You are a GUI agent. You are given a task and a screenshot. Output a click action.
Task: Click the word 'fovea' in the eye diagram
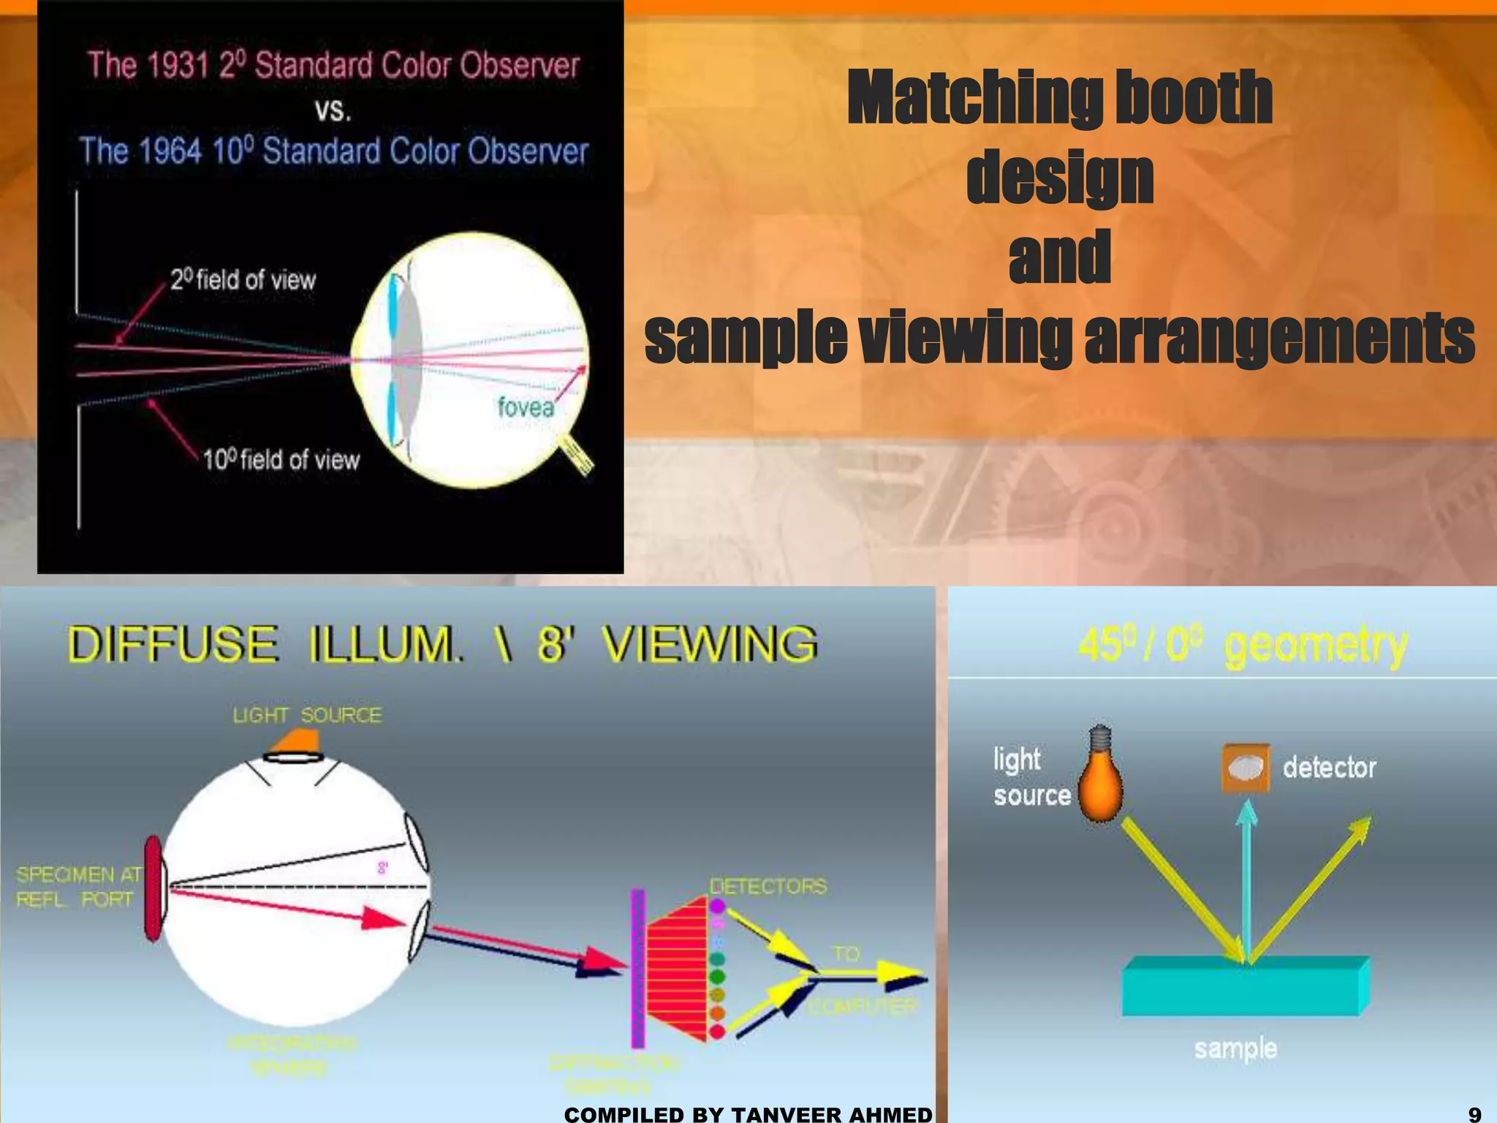[526, 407]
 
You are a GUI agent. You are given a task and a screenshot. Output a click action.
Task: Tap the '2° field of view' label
[243, 279]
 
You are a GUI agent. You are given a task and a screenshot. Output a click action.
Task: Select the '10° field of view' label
[281, 460]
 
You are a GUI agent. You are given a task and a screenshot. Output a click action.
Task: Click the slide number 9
[1474, 1113]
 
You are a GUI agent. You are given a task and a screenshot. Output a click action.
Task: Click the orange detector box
[1246, 768]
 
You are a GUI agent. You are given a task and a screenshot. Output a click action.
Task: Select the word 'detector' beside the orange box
[1329, 768]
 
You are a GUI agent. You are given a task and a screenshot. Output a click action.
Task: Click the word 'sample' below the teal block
[1235, 1048]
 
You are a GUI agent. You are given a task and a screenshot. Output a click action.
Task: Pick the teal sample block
[1243, 987]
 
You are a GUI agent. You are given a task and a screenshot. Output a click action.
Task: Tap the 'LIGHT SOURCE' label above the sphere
[307, 715]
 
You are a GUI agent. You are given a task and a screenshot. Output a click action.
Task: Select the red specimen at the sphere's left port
[154, 888]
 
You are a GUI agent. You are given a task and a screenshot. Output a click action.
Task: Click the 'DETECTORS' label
[768, 886]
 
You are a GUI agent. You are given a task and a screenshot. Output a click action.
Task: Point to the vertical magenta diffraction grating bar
[638, 969]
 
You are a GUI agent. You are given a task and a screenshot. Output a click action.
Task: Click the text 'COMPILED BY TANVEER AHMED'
[748, 1114]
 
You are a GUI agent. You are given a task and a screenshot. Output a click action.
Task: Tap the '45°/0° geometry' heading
[1243, 645]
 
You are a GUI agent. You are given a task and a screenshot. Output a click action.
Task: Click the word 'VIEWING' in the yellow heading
[709, 643]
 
